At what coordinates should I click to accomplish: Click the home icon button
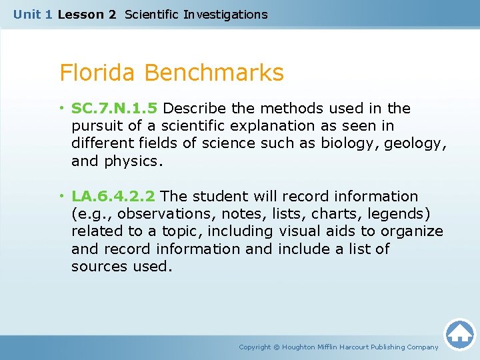tap(459, 334)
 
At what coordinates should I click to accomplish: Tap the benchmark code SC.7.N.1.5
tap(115, 108)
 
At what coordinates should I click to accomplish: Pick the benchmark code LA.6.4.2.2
tap(113, 196)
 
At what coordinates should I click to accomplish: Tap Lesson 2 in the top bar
tap(87, 14)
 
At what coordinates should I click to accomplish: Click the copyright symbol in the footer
tap(277, 347)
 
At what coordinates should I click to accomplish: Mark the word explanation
tap(272, 125)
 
